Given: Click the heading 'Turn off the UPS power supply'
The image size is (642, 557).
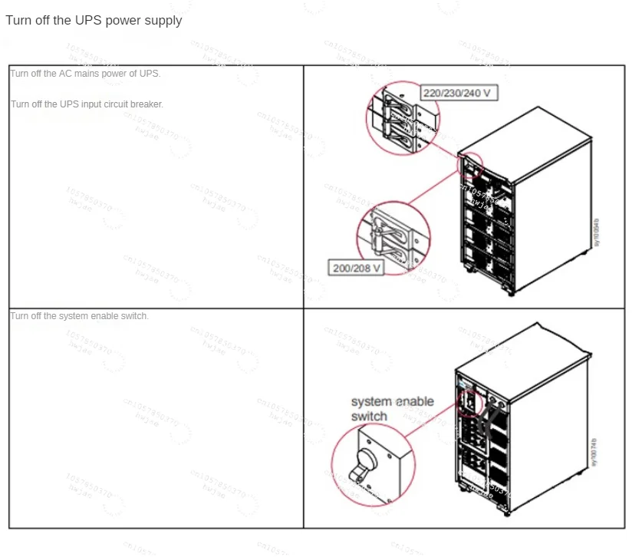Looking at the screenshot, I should (94, 21).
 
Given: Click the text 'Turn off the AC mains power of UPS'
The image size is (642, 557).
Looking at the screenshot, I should (85, 74).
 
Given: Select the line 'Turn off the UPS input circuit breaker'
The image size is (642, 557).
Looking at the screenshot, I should (87, 104).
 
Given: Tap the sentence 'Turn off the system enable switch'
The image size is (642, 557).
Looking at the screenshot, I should (80, 316).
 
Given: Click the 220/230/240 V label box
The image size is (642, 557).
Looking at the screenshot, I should (458, 94).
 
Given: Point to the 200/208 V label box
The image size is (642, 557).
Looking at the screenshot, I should (356, 269).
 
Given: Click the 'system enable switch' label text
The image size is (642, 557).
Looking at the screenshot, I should (392, 409).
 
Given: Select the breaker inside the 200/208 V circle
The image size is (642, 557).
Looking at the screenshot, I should (393, 236).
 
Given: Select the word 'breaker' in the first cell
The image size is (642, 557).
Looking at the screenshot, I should (147, 104).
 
